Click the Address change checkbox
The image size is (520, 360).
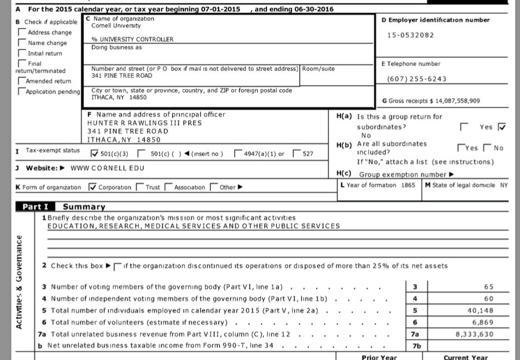pos(22,33)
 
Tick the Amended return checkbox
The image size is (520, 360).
pos(22,80)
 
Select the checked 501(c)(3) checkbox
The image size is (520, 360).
pos(95,153)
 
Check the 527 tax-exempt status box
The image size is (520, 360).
pos(296,153)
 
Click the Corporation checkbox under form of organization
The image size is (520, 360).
pos(92,188)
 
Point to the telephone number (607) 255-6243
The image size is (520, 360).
pos(417,79)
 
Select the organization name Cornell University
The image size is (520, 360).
pos(116,26)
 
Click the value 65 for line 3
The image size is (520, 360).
pos(488,287)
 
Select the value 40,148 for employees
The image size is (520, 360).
pos(480,311)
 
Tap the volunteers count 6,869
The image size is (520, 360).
pos(482,322)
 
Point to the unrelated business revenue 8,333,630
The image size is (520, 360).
pos(474,334)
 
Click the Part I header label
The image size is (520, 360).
pos(35,207)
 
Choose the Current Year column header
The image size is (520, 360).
pos(466,357)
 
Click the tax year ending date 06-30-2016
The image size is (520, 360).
pos(302,9)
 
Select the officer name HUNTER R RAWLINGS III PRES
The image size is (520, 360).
pos(145,123)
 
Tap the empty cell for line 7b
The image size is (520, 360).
pos(468,346)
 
